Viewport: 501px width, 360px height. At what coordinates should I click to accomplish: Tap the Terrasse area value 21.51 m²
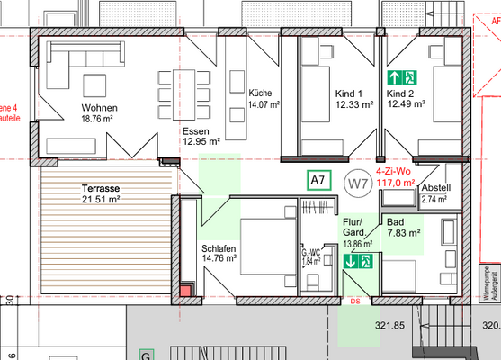tap(102, 200)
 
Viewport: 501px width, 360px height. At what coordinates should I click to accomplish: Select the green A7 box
tap(318, 181)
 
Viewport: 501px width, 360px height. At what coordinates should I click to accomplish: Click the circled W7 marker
tap(358, 184)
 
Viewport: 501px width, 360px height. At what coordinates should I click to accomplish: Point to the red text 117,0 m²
tap(395, 182)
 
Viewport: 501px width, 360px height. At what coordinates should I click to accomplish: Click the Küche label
tap(261, 93)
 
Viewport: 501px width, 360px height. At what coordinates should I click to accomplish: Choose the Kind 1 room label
tap(347, 94)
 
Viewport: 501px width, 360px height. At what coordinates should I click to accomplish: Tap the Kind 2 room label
tap(401, 94)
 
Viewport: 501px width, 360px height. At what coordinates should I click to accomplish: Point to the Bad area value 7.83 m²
tap(404, 232)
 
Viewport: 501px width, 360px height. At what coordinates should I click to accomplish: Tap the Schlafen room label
tap(219, 247)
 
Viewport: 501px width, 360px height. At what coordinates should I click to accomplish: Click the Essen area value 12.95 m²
tap(201, 141)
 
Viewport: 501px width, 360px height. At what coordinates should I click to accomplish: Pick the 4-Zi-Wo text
tap(393, 170)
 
